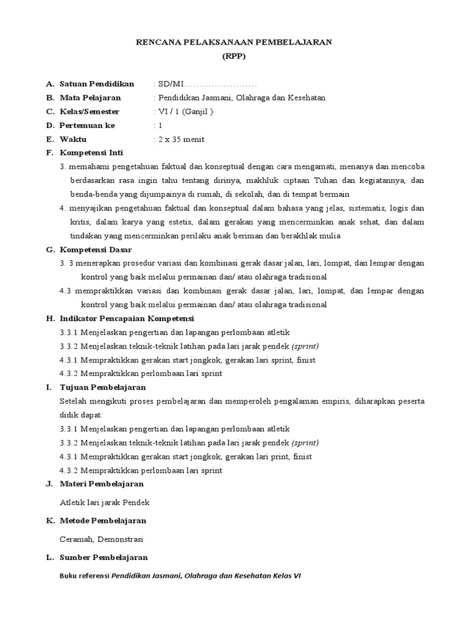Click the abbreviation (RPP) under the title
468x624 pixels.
point(234,55)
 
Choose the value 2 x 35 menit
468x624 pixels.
point(181,140)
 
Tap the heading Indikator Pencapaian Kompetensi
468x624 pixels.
point(127,319)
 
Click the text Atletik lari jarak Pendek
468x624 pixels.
point(105,503)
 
